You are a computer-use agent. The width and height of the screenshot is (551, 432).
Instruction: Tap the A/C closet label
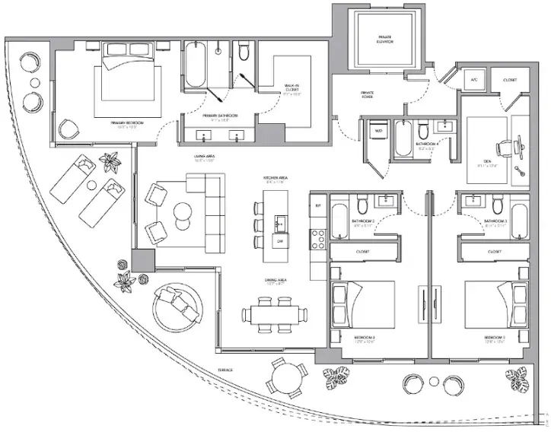click(473, 80)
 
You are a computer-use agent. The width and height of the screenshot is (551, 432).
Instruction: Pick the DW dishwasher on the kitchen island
click(281, 241)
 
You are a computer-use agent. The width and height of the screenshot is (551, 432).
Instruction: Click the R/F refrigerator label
click(318, 206)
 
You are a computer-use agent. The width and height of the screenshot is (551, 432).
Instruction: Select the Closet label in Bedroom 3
click(495, 251)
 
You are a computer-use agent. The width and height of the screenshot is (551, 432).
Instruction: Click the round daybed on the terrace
click(180, 305)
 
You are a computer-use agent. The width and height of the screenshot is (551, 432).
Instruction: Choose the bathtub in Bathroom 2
click(339, 218)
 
